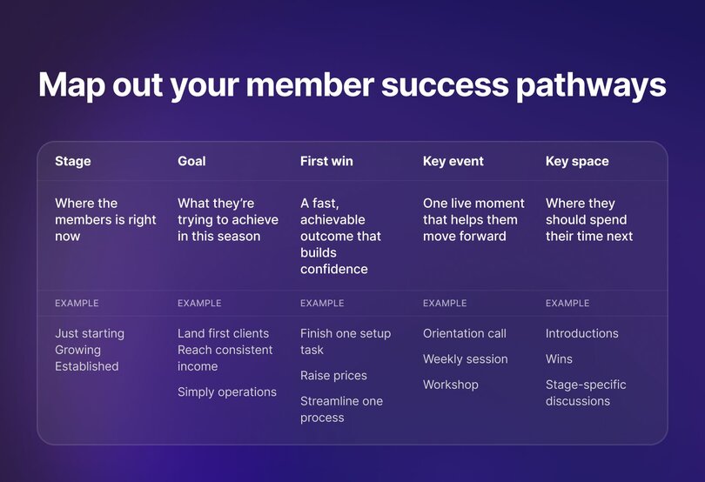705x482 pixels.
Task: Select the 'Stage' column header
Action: coord(72,161)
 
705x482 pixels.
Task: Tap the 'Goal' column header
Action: coord(191,161)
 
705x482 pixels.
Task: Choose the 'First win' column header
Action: coord(326,161)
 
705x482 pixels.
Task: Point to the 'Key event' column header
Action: coord(453,161)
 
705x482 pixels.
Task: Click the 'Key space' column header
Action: coord(577,161)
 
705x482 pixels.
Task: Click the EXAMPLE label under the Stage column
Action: coord(77,304)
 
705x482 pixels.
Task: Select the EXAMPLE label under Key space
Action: coord(567,304)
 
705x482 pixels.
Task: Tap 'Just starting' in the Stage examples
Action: coord(90,333)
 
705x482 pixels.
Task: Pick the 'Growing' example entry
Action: coord(77,350)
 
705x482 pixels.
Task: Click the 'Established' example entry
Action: coord(86,366)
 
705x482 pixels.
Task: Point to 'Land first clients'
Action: coord(223,333)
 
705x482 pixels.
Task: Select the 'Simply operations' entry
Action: coord(227,392)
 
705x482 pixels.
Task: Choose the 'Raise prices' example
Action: coord(333,376)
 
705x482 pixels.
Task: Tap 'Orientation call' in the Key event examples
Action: coord(464,333)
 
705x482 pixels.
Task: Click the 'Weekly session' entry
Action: coord(465,359)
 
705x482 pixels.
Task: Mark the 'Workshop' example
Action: coord(450,385)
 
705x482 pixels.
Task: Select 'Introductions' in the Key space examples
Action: coord(581,333)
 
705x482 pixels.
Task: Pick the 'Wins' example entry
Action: coord(559,359)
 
